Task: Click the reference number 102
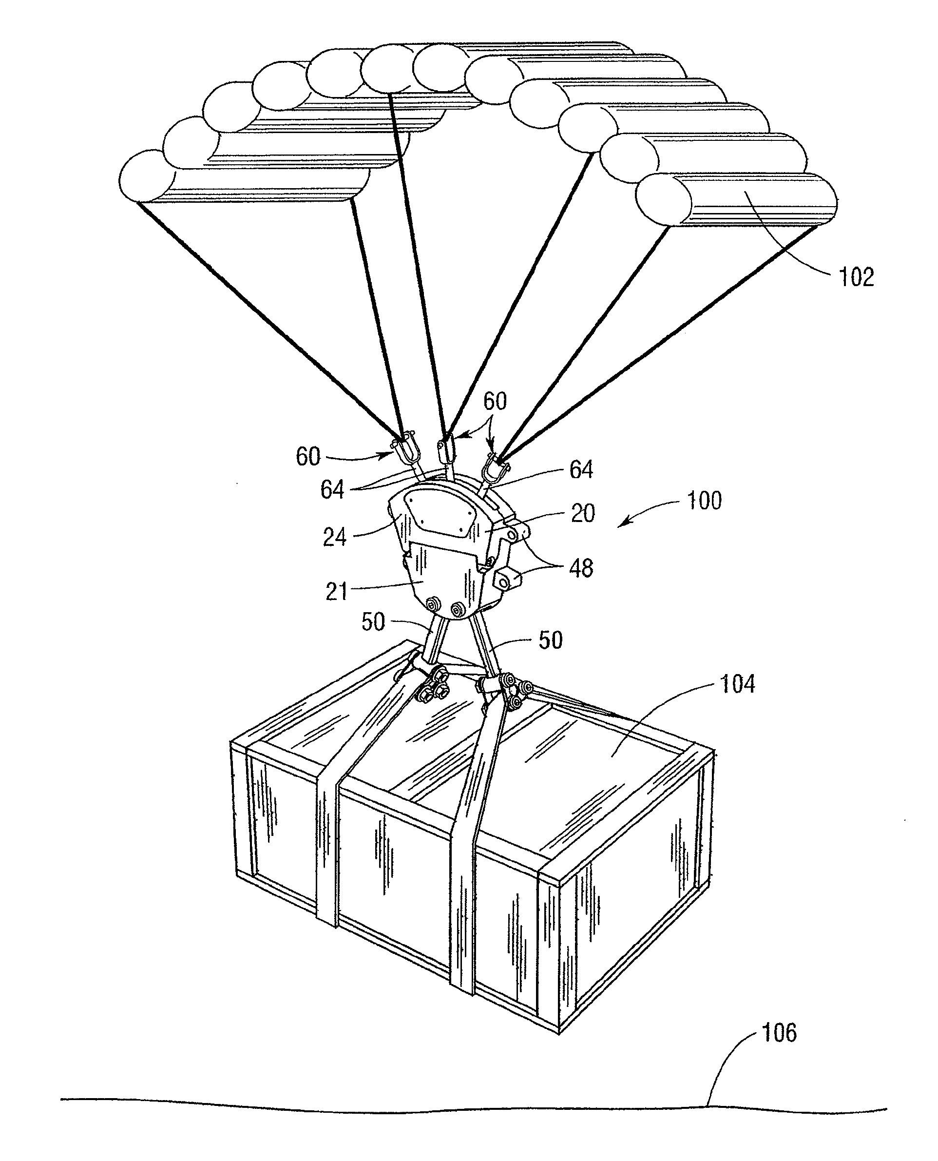(x=856, y=277)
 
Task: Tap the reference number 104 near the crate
(x=738, y=684)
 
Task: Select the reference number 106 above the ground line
(x=779, y=1032)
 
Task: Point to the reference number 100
(x=704, y=501)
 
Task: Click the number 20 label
(x=583, y=513)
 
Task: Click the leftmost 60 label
(x=308, y=457)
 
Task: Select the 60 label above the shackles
(x=495, y=401)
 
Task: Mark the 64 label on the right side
(x=581, y=469)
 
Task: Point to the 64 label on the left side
(x=332, y=490)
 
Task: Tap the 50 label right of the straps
(x=551, y=640)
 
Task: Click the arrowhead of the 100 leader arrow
(x=620, y=524)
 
